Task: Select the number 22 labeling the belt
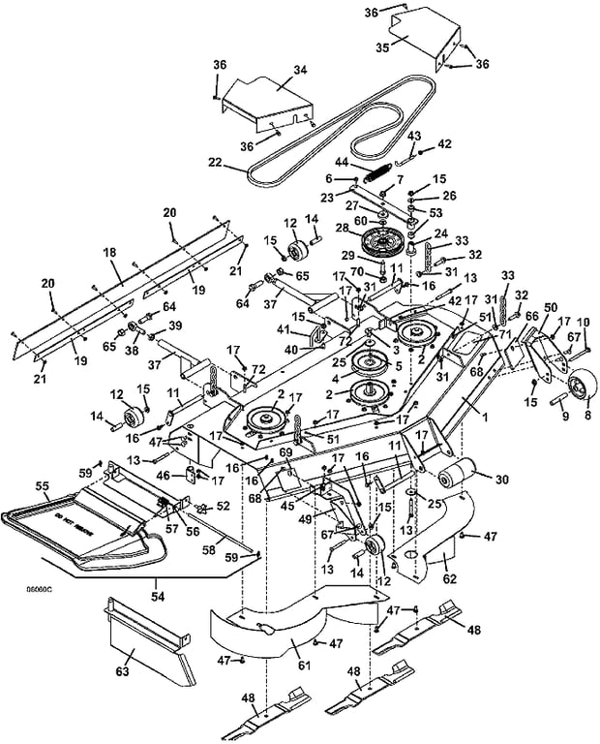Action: tap(216, 162)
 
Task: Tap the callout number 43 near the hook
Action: tap(414, 135)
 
